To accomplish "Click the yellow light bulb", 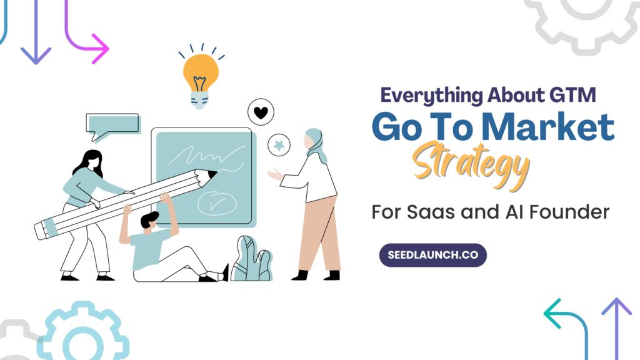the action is click(x=200, y=79).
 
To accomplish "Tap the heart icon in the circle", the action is click(x=261, y=112).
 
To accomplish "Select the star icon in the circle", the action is click(x=279, y=145).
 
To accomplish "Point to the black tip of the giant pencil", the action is click(x=212, y=175).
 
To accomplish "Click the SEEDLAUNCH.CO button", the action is click(x=432, y=255).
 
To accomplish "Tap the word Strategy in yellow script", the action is click(x=471, y=165).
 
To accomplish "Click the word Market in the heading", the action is click(x=547, y=127).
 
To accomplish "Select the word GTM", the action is click(x=572, y=95).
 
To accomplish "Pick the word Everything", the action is click(x=431, y=96).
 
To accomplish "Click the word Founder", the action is click(x=569, y=212).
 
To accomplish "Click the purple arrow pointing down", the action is click(x=36, y=32).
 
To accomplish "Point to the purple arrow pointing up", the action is click(x=617, y=329).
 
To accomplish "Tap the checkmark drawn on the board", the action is click(x=217, y=203).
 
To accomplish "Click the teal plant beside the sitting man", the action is click(x=252, y=259).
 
